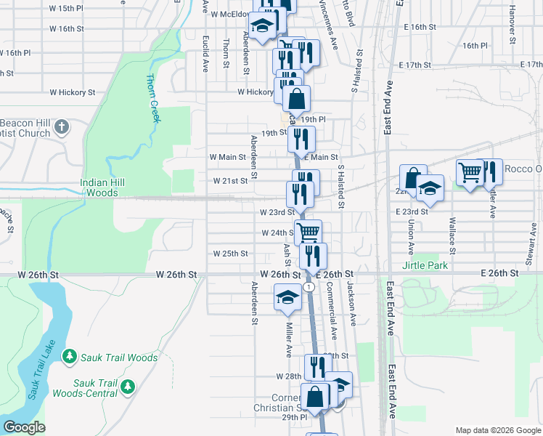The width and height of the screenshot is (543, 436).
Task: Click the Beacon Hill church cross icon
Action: pos(62,126)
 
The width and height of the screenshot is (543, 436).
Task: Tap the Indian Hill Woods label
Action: pos(102,187)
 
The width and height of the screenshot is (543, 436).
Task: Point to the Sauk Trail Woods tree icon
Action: pos(69,358)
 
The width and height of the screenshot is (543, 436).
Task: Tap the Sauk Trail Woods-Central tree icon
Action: pos(128,385)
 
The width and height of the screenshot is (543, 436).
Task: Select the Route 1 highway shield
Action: pos(310,287)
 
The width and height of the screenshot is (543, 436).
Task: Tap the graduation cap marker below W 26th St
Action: pos(287,296)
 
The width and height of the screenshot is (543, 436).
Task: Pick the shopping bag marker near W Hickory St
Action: pos(296,98)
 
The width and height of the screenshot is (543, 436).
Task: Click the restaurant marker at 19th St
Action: pos(301,138)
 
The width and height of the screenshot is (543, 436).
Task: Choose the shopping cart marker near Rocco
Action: pos(470,172)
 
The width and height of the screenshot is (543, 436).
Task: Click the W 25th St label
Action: pos(231,254)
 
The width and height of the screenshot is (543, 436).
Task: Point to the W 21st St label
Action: pos(231,181)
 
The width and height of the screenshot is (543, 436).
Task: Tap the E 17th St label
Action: pos(415,65)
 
